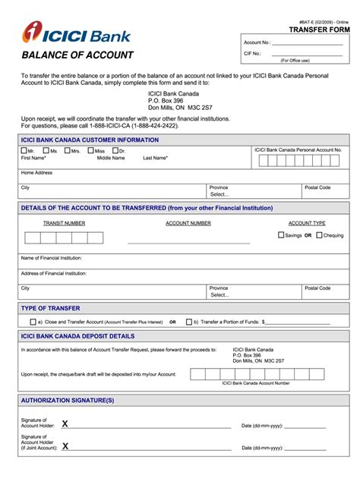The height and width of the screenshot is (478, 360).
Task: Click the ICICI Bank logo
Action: coord(76,33)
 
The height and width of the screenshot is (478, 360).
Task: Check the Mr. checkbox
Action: coord(24,150)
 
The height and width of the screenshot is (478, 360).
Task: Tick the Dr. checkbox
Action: coord(115,150)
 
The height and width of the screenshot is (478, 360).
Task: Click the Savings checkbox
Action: coord(281,235)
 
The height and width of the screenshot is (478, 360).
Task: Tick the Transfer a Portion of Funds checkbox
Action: coord(189,322)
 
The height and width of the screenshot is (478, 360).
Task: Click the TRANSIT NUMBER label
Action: coord(65,223)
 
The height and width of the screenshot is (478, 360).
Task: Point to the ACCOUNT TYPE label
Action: coord(306,223)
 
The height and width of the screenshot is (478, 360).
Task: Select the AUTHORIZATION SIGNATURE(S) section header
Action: coord(68,399)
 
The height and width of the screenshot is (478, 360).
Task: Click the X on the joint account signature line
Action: coord(65,446)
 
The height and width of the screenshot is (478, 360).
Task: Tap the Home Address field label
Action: coord(36,172)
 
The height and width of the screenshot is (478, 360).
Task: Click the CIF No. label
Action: coord(253,53)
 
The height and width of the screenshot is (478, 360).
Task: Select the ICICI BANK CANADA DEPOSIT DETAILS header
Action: coord(77,335)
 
